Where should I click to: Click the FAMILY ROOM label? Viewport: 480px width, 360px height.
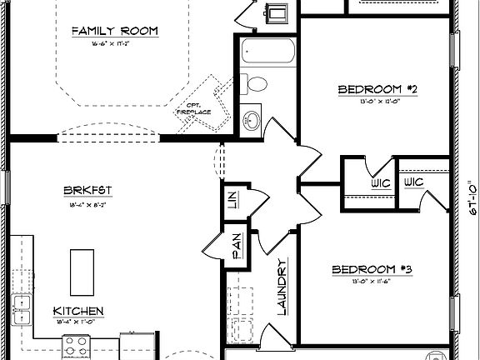[x=114, y=32]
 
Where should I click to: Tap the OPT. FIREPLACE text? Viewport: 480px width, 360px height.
[x=197, y=107]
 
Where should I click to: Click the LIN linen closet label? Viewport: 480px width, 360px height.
[x=230, y=201]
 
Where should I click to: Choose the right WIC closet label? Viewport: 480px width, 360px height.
[x=414, y=182]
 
